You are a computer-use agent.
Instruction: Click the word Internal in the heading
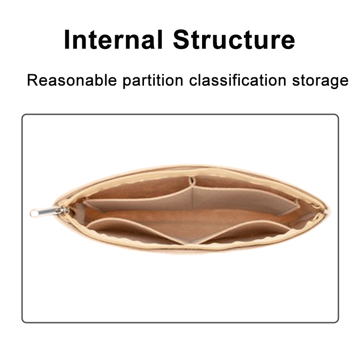coord(113,40)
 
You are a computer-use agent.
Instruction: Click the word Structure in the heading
coord(234,40)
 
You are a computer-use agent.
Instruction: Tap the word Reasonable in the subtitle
coord(72,81)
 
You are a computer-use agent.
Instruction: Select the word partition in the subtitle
coord(153,81)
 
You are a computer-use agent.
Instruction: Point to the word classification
coord(238,81)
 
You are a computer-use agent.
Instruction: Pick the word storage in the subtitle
coord(320,81)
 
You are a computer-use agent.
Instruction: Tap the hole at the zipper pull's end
coord(35,214)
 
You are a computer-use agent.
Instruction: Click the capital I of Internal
coord(67,40)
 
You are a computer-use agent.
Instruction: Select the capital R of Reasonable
coord(32,80)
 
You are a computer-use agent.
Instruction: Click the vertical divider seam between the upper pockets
coord(192,198)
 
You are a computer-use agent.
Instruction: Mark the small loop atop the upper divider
coord(192,181)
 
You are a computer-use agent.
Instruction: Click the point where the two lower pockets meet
coord(190,243)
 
